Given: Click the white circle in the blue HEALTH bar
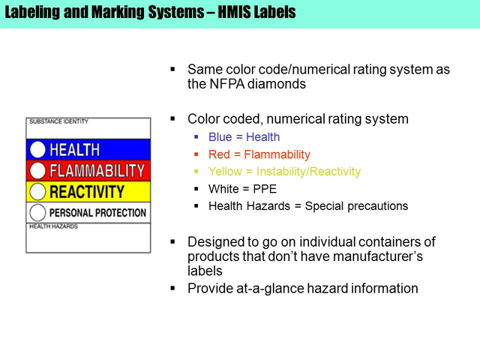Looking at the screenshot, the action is coord(37,150).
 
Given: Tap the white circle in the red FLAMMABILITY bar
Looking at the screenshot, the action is coord(37,170).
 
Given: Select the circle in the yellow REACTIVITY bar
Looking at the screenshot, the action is coord(37,192).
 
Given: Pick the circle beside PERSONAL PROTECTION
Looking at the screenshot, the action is coord(37,212).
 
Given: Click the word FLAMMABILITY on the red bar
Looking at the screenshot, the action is coord(97,171).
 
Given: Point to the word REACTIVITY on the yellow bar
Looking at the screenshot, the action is coord(87,192).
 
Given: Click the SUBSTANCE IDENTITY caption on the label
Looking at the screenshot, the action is coord(58,121).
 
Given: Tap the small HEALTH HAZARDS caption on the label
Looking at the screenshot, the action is coord(53,226).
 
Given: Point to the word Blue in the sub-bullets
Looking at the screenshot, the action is coord(220,136).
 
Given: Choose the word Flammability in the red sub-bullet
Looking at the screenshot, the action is coord(277,154).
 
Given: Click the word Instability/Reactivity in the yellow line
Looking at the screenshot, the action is coord(308,172).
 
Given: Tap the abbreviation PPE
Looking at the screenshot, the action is coord(265,189).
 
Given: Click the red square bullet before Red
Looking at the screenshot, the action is coord(196,154).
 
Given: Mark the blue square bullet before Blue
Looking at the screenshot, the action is coord(196,136).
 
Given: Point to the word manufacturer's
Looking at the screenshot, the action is coord(378,256).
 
